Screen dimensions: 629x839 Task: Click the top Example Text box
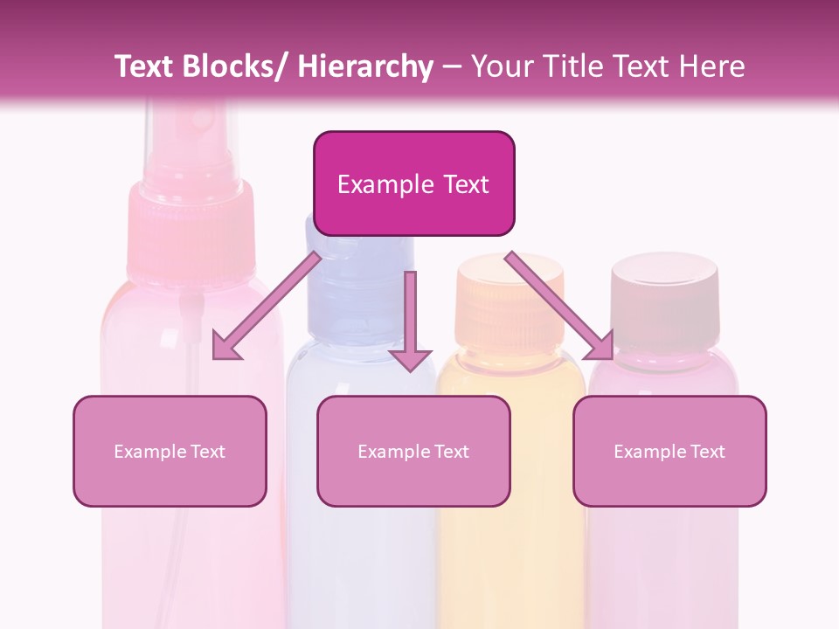coord(413,183)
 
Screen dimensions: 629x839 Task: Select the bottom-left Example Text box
coord(170,451)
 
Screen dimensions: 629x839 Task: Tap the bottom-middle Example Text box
coord(413,451)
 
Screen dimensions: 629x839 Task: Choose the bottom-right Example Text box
coord(669,451)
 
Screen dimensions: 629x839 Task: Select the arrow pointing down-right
coord(560,307)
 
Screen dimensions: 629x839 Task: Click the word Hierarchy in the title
coord(365,66)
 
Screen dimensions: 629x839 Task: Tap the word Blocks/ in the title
coord(235,66)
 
